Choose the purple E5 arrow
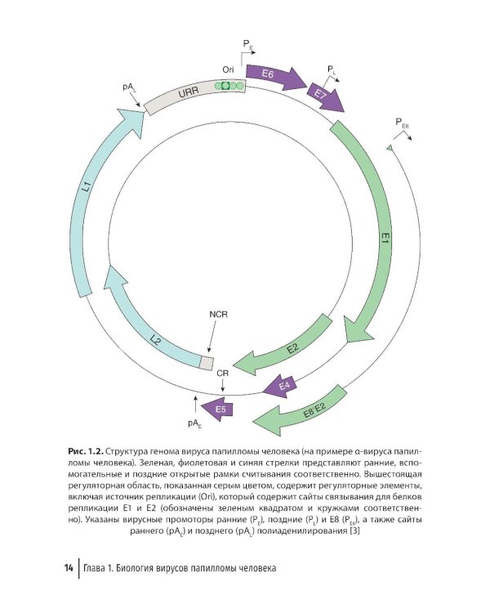click(217, 409)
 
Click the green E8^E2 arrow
click(301, 412)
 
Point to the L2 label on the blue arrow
click(155, 341)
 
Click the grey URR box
click(194, 95)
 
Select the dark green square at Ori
click(225, 86)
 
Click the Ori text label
click(228, 70)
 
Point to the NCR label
click(218, 314)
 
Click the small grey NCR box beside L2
click(207, 362)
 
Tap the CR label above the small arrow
click(222, 374)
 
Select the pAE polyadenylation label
click(194, 423)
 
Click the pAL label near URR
click(129, 87)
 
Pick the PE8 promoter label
click(402, 123)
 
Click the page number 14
click(69, 568)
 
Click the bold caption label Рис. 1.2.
click(86, 451)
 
